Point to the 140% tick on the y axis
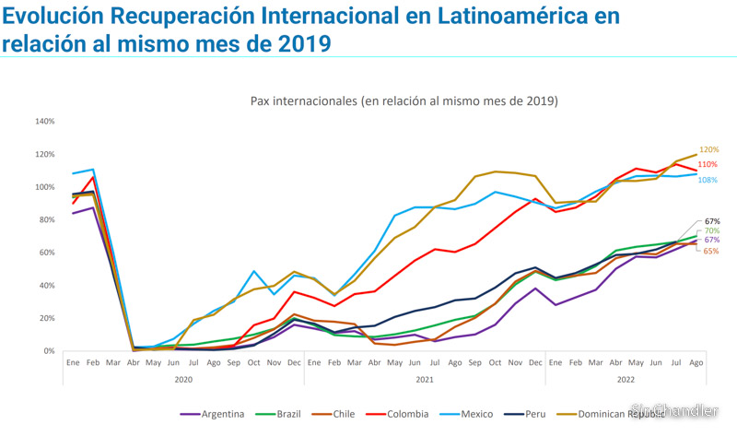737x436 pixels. point(44,121)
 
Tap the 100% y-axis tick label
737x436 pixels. point(44,187)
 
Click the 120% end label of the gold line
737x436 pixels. point(708,149)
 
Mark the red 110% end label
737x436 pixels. point(708,164)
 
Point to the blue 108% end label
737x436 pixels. point(708,180)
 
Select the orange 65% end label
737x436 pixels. point(711,251)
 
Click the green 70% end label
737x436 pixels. point(711,230)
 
